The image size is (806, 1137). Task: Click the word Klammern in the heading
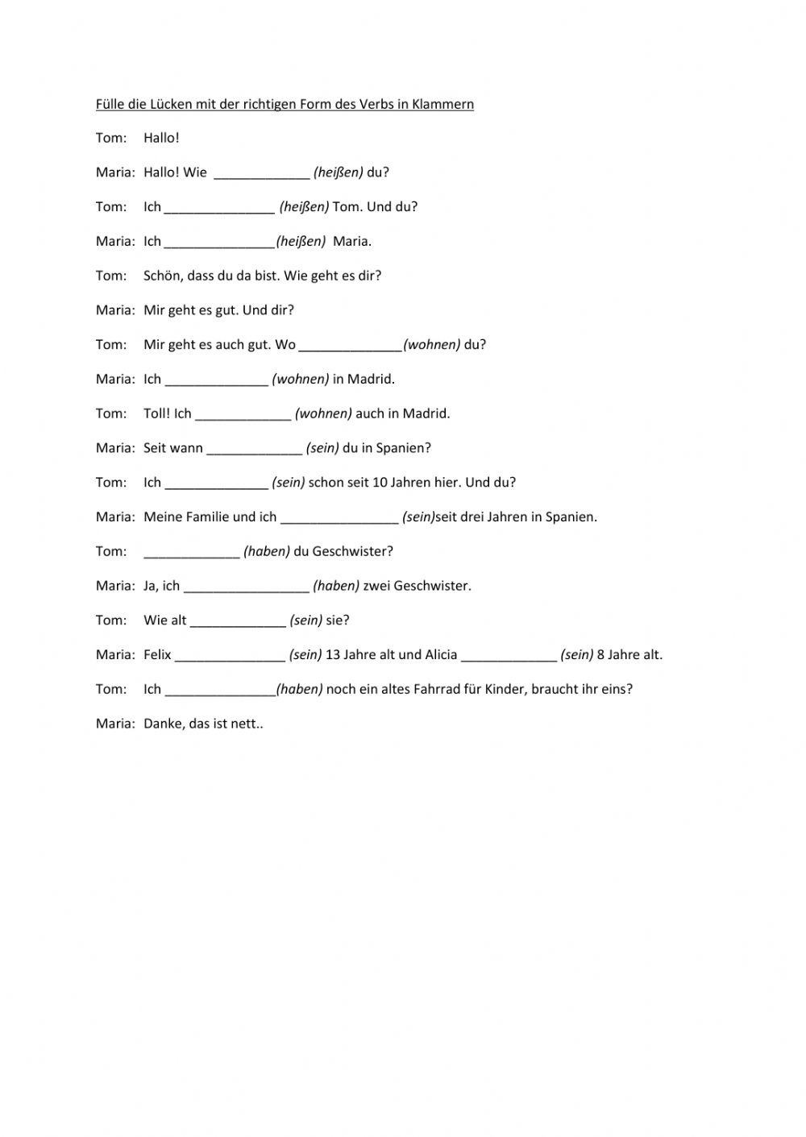[442, 104]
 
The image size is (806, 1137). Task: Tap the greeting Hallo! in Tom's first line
[161, 138]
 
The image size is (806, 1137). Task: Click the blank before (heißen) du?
[261, 173]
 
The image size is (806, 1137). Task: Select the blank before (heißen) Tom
[219, 208]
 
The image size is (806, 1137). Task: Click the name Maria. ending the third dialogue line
[352, 241]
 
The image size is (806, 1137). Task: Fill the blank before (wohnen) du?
[350, 346]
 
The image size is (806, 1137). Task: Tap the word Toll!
[156, 413]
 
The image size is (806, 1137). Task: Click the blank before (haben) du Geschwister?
[192, 553]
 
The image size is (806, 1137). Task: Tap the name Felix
[157, 655]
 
